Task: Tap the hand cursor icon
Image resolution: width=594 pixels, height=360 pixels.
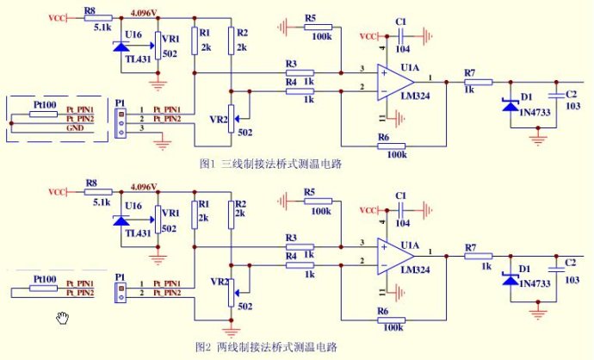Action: tap(63, 319)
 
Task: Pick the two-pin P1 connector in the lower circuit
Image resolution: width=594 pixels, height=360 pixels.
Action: tap(120, 289)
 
